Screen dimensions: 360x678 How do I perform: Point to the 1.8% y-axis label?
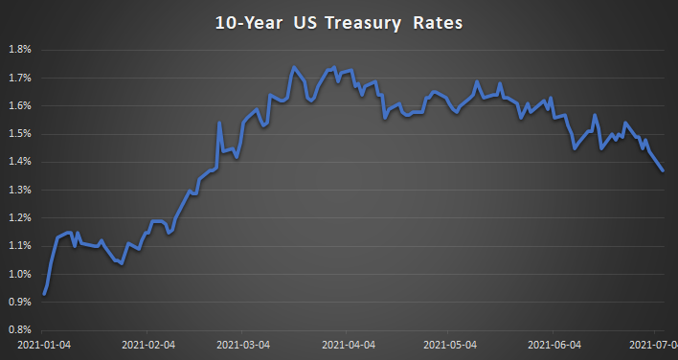20,49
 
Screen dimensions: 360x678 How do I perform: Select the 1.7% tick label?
20,78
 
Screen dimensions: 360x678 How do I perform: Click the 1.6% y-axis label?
20,105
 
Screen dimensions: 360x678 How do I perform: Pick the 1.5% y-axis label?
20,134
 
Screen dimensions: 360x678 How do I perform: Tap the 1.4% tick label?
20,162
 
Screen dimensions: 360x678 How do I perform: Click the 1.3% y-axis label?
20,190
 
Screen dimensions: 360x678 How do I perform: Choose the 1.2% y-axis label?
20,218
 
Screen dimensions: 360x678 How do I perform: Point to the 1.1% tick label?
20,246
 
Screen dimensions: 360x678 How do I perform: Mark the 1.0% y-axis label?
20,274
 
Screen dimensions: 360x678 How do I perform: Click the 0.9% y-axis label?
20,303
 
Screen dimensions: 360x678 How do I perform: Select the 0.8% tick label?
20,330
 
